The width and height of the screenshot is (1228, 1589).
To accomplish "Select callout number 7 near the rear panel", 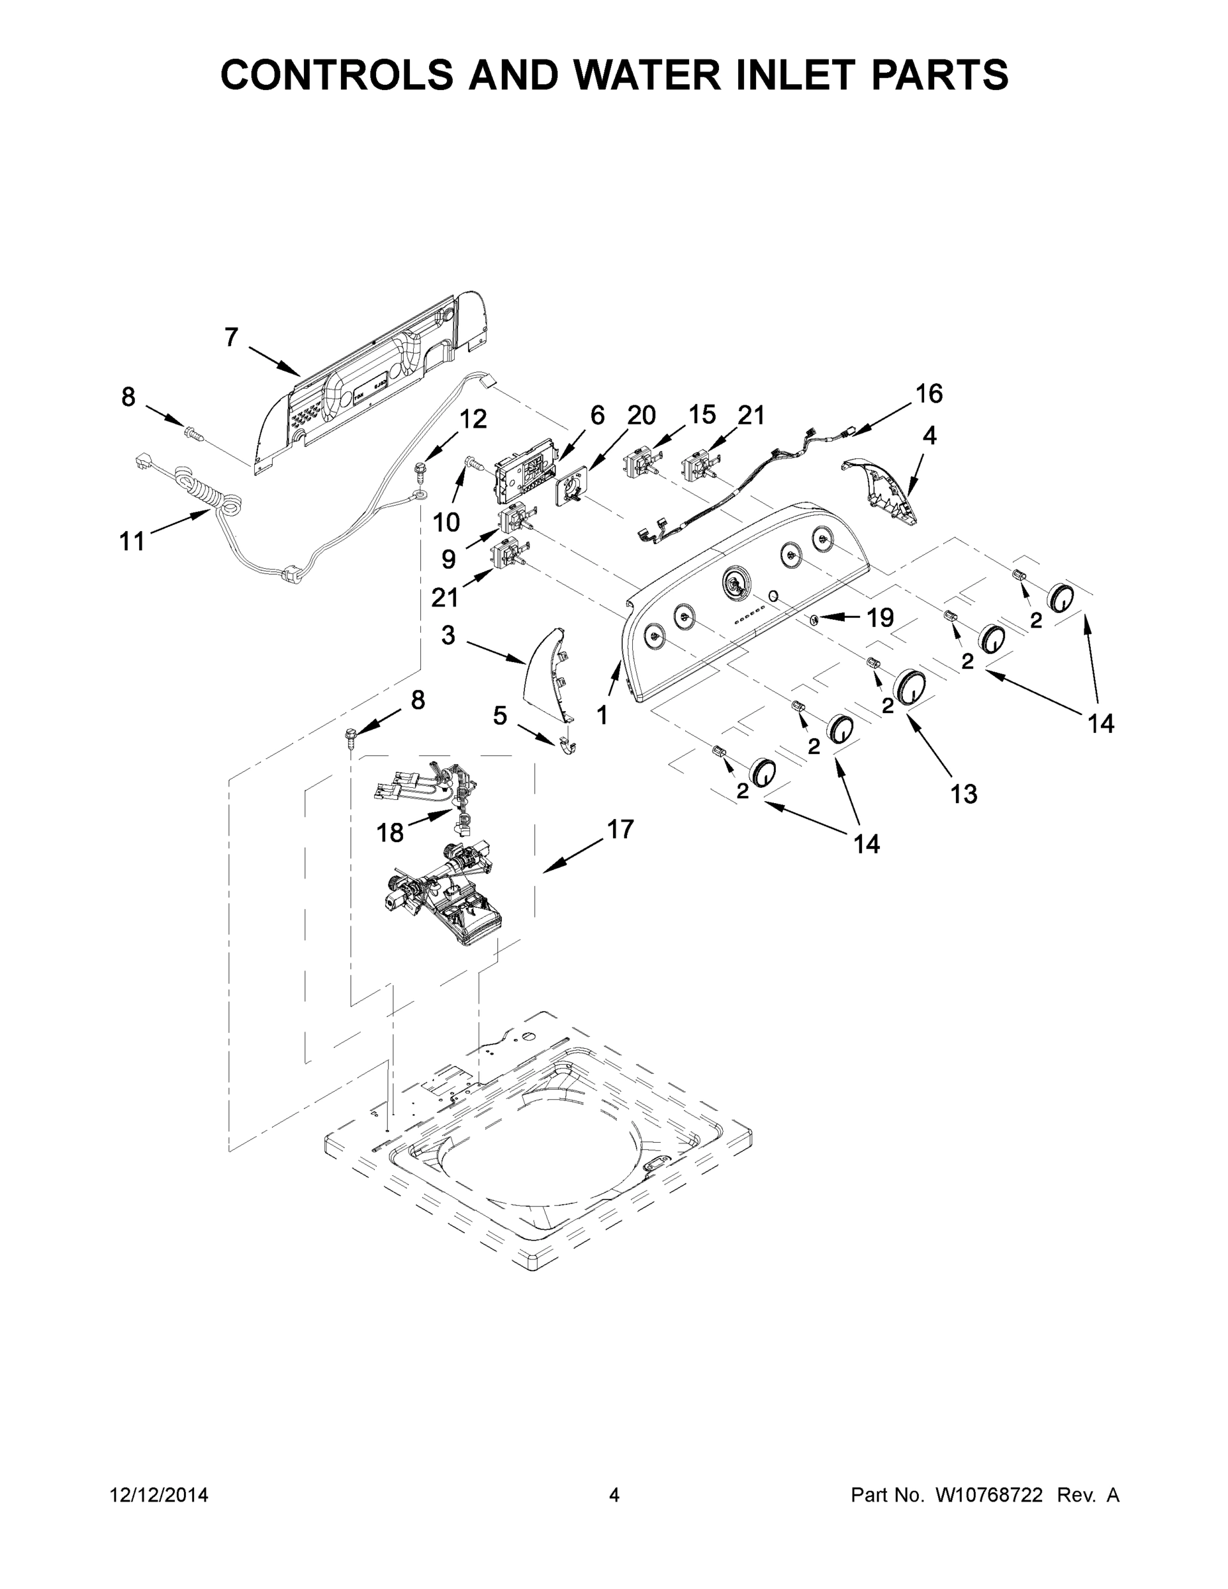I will (x=231, y=337).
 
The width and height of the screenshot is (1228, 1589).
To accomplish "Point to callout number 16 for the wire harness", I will (x=929, y=394).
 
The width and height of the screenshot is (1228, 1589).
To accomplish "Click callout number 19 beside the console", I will (x=880, y=618).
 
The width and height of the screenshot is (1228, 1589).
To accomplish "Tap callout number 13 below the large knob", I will (x=963, y=794).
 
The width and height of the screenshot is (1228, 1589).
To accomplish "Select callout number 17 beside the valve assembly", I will (x=620, y=829).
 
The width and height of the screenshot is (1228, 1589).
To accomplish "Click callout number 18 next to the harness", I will (x=390, y=832).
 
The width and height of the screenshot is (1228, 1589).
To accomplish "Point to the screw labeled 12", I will (x=421, y=472).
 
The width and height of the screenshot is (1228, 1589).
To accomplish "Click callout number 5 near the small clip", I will (x=500, y=715).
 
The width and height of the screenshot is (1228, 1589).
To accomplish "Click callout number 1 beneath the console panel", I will (x=602, y=716).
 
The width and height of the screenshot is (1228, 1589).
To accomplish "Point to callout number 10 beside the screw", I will (x=447, y=522).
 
